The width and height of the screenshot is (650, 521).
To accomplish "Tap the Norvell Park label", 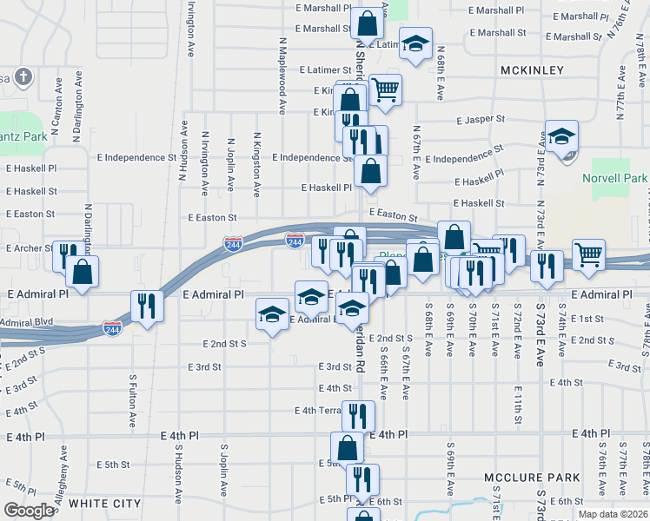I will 614,179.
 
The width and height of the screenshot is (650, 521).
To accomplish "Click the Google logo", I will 29,511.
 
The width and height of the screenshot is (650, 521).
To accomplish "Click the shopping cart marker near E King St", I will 385,89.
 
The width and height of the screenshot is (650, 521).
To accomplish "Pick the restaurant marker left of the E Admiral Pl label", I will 146,305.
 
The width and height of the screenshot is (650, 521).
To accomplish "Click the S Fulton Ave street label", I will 133,402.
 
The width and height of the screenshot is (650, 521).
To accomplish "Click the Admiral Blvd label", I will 26,321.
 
